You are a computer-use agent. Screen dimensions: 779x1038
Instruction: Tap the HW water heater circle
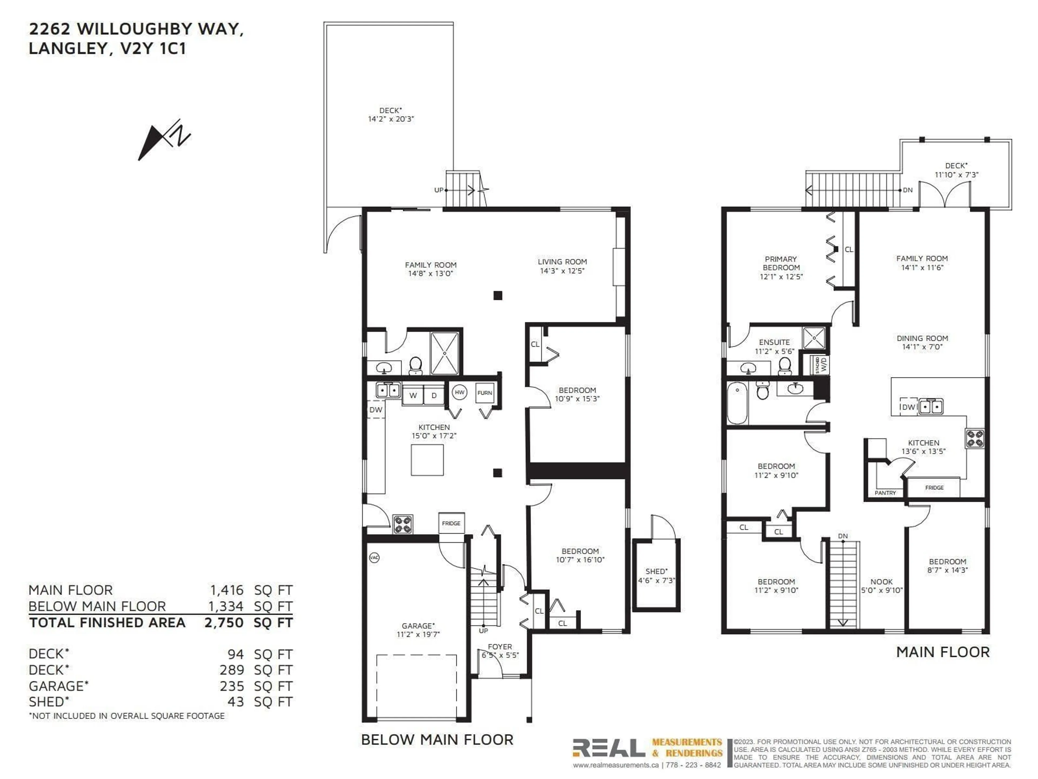coord(460,392)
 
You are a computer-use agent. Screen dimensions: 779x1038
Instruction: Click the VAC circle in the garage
coord(374,557)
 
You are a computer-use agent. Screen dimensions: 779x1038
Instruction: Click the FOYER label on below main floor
coord(500,646)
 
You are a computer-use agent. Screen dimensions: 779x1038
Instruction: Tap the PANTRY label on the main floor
coord(885,493)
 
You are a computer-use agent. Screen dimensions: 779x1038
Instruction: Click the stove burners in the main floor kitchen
coord(975,438)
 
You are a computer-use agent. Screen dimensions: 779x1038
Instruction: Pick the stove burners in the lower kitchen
coord(402,524)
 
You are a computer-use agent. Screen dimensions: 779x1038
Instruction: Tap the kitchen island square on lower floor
coord(427,460)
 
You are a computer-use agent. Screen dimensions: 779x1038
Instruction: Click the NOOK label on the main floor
coord(881,581)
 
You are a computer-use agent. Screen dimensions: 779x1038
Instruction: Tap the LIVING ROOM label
coord(562,262)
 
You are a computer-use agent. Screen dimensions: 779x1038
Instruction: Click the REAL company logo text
coord(609,748)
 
